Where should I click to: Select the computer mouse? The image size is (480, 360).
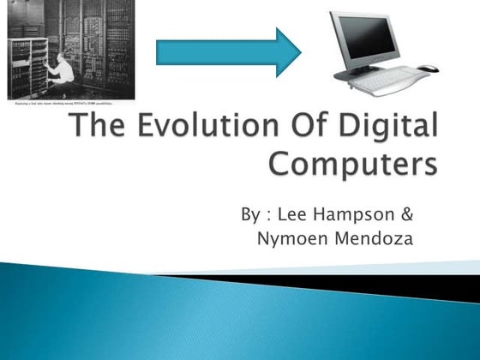tap(428, 69)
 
